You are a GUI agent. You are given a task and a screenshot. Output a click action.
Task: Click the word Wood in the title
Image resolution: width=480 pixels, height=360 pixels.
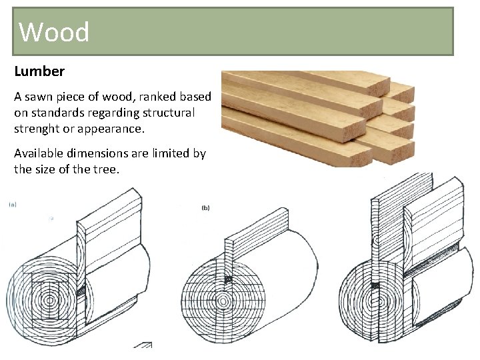point(54,31)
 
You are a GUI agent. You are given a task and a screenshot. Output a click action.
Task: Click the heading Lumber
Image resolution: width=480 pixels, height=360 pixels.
point(39,71)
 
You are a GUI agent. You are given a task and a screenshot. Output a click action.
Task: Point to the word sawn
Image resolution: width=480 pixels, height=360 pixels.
point(46,97)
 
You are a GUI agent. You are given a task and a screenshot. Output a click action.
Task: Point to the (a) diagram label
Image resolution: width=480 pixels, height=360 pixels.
point(13,205)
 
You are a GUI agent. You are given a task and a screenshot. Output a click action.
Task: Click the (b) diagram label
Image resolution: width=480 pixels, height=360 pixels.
point(205,208)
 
